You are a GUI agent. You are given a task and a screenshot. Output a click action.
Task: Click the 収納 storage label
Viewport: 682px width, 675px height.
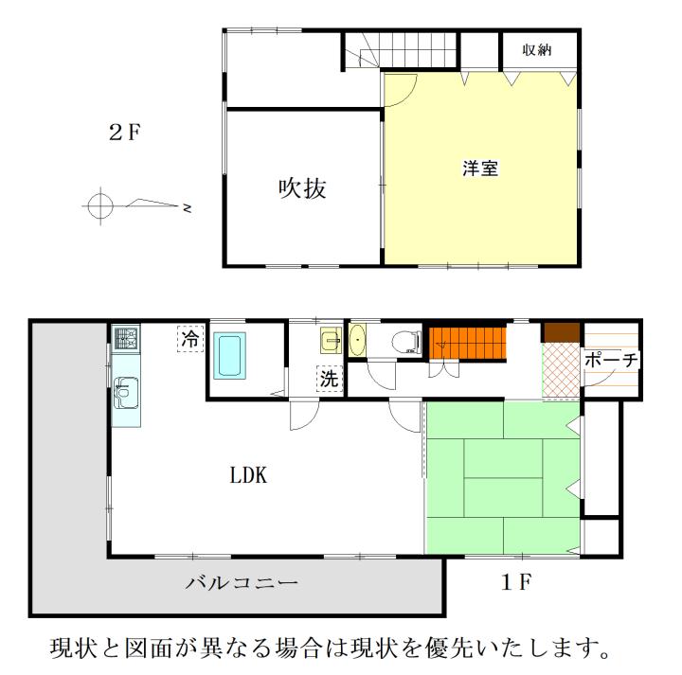pyautogui.click(x=537, y=50)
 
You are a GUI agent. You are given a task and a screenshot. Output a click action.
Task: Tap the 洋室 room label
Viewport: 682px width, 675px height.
pyautogui.click(x=480, y=169)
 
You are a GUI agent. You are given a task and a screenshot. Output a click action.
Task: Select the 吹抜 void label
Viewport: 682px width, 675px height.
pyautogui.click(x=302, y=188)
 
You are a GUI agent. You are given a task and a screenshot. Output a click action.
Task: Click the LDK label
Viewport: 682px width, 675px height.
pyautogui.click(x=248, y=475)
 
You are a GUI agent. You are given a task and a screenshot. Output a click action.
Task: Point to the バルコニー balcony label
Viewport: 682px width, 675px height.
pyautogui.click(x=242, y=582)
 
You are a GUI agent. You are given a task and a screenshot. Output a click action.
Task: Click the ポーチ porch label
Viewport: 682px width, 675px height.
pyautogui.click(x=611, y=360)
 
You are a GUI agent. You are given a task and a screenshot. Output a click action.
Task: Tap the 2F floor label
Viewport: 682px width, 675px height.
pyautogui.click(x=125, y=133)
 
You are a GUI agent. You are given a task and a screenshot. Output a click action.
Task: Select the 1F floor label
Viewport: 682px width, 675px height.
pyautogui.click(x=516, y=582)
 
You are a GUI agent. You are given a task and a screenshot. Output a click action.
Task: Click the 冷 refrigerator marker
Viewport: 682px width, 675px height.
pyautogui.click(x=190, y=339)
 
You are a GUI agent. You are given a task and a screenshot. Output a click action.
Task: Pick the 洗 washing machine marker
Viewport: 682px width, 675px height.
pyautogui.click(x=330, y=379)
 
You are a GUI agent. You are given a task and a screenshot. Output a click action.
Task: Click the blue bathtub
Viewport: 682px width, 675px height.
pyautogui.click(x=229, y=355)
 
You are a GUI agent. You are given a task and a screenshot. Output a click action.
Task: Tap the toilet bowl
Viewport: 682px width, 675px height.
pyautogui.click(x=406, y=342)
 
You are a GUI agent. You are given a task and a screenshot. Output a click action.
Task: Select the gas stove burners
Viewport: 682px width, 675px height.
pyautogui.click(x=127, y=338)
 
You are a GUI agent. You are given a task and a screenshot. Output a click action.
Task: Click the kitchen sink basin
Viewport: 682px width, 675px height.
pyautogui.click(x=126, y=393)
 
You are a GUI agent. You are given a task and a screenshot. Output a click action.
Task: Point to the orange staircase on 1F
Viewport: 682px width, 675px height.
pyautogui.click(x=468, y=344)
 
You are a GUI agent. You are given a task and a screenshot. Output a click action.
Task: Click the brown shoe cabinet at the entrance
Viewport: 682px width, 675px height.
pyautogui.click(x=562, y=332)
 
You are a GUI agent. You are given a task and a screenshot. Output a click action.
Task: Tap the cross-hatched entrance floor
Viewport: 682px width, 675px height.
pyautogui.click(x=562, y=371)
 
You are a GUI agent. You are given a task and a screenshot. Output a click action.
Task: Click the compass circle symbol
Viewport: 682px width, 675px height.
pyautogui.click(x=100, y=206)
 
